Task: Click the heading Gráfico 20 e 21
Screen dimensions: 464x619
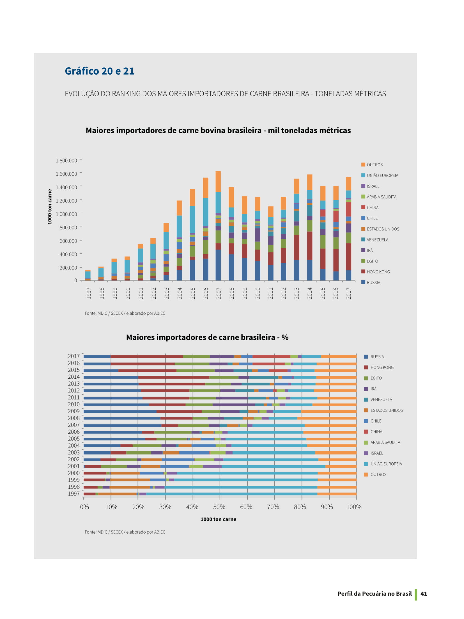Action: tap(100, 71)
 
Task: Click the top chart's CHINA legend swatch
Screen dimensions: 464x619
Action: tap(363, 207)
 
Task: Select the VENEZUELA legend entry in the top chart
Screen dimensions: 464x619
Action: tap(375, 240)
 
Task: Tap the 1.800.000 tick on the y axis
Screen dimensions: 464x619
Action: tap(66, 161)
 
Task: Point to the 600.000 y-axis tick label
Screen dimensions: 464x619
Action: tap(68, 241)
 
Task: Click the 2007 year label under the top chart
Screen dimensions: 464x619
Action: tap(219, 293)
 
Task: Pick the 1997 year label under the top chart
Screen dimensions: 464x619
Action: tap(89, 293)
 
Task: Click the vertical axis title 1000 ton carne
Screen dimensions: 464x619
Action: tap(50, 207)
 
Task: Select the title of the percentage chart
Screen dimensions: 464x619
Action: tap(207, 337)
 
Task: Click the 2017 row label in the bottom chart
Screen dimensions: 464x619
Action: tap(74, 356)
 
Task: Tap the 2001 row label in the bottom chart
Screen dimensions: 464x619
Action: tap(74, 466)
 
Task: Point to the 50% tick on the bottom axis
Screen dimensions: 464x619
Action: tap(219, 507)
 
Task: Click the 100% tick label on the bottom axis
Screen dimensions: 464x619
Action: tap(354, 507)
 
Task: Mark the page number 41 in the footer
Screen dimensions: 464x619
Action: tap(424, 593)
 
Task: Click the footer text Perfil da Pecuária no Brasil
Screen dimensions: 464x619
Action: tap(375, 593)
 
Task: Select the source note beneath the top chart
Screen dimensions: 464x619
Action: tap(125, 313)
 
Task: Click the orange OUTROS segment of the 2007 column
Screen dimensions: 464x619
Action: tap(218, 182)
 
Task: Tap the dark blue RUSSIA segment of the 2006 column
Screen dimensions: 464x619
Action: tap(206, 269)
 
